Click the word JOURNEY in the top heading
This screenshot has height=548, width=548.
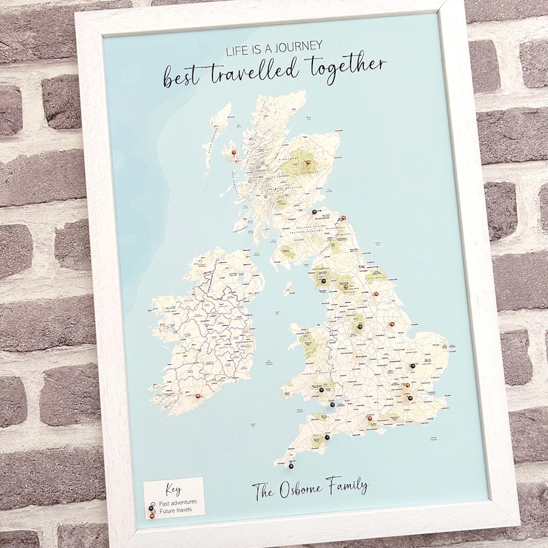(297, 47)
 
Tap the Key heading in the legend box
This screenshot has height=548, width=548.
(173, 490)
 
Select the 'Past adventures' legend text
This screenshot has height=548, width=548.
(177, 502)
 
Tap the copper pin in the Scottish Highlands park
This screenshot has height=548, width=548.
(308, 163)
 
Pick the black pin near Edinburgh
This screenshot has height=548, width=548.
(314, 212)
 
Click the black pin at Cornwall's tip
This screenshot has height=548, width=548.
(291, 466)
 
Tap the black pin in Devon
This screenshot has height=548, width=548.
(327, 437)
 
